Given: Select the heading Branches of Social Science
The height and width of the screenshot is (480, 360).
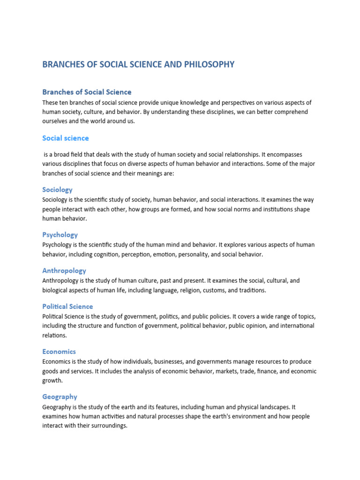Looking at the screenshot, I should tap(87, 92).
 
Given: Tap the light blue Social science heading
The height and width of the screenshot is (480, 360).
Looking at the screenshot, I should tap(65, 138).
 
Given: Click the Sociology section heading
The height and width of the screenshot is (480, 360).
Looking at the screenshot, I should tap(57, 190).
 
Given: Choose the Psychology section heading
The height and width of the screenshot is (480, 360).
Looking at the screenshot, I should tap(60, 235).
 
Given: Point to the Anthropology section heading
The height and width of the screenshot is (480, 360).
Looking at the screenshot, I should tap(64, 271).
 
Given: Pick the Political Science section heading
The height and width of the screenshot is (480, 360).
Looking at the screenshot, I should tap(67, 307).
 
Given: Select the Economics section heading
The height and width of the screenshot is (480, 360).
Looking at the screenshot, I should tap(59, 352).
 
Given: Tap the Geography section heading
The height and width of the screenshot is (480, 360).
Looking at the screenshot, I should tap(60, 397).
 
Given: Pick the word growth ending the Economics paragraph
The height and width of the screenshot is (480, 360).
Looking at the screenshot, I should tap(52, 381).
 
